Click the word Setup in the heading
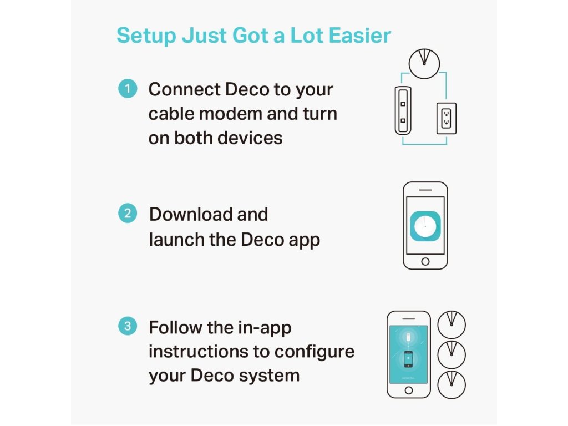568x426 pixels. [146, 36]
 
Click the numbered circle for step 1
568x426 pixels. [128, 88]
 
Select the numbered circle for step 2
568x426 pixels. [128, 213]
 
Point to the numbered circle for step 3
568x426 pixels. [128, 326]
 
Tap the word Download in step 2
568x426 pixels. [191, 214]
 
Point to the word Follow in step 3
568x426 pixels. [175, 327]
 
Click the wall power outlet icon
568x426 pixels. [447, 119]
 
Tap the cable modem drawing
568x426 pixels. [403, 110]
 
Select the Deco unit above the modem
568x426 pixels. [424, 63]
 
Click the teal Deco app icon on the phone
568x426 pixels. [425, 226]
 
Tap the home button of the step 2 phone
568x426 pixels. [425, 262]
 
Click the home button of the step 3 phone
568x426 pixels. [409, 390]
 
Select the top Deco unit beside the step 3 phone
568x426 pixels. [452, 324]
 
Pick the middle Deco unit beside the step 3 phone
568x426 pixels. [452, 354]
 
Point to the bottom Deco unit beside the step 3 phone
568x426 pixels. [452, 385]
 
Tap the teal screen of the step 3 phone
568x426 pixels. [409, 354]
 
